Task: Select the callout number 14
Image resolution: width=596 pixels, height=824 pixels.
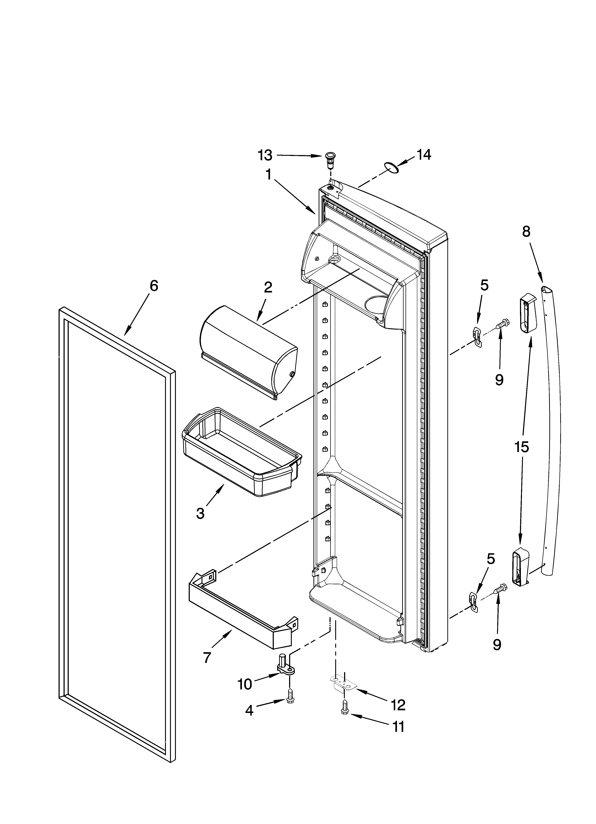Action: click(423, 155)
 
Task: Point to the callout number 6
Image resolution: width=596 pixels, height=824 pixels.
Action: click(154, 286)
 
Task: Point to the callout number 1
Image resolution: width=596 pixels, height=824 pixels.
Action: click(269, 175)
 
